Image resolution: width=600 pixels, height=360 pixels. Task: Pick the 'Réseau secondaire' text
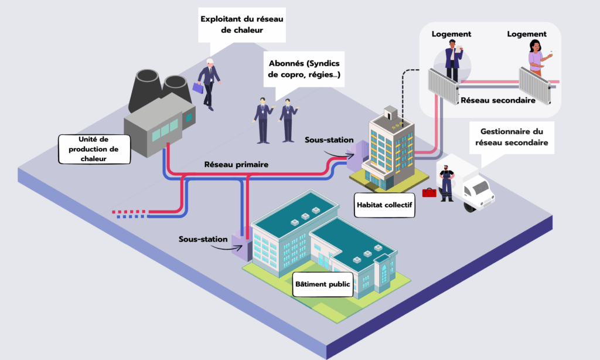tap(498, 100)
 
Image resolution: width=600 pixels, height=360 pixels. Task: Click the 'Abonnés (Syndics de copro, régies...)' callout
tap(304, 69)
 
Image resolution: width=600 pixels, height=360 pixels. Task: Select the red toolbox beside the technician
tap(429, 192)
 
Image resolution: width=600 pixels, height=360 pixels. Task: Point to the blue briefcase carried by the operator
tap(197, 87)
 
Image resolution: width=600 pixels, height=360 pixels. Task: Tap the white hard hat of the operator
tap(210, 62)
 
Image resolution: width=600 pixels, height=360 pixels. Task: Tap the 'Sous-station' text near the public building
tap(203, 239)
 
